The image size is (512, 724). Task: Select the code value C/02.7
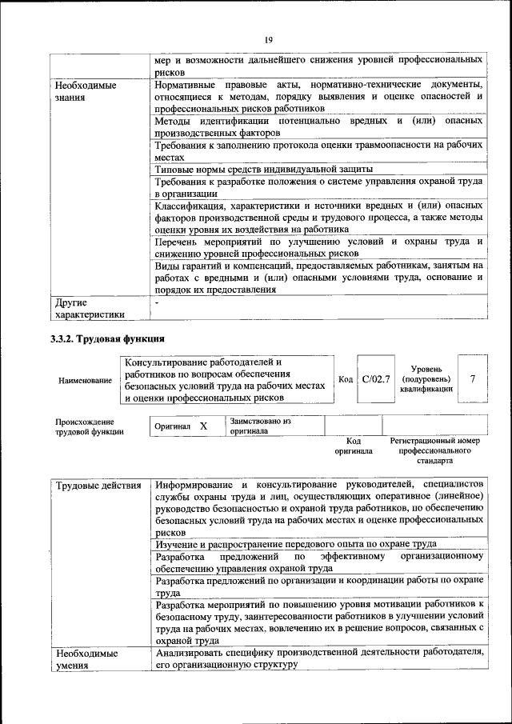pyautogui.click(x=375, y=379)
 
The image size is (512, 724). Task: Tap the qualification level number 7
pyautogui.click(x=473, y=378)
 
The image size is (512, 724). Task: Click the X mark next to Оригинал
pyautogui.click(x=203, y=426)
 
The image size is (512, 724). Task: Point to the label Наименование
pyautogui.click(x=86, y=380)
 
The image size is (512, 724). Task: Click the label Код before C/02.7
pyautogui.click(x=346, y=379)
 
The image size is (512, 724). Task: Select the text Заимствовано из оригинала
pyautogui.click(x=261, y=426)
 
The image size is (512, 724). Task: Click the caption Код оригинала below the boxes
pyautogui.click(x=353, y=446)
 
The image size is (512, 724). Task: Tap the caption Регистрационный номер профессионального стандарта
pyautogui.click(x=434, y=450)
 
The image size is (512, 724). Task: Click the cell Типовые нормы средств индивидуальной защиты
pyautogui.click(x=264, y=169)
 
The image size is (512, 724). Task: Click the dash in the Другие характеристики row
pyautogui.click(x=158, y=303)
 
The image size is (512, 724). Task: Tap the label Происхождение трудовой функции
pyautogui.click(x=90, y=426)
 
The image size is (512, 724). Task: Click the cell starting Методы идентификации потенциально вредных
pyautogui.click(x=318, y=126)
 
